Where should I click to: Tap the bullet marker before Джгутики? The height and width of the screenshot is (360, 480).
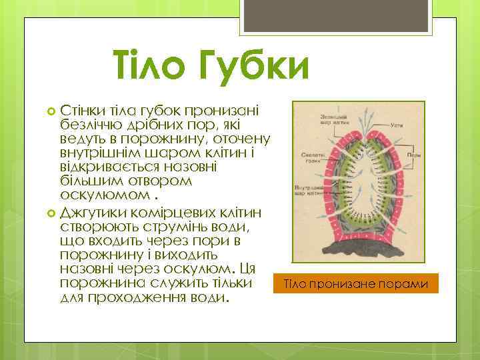[x=52, y=214]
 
